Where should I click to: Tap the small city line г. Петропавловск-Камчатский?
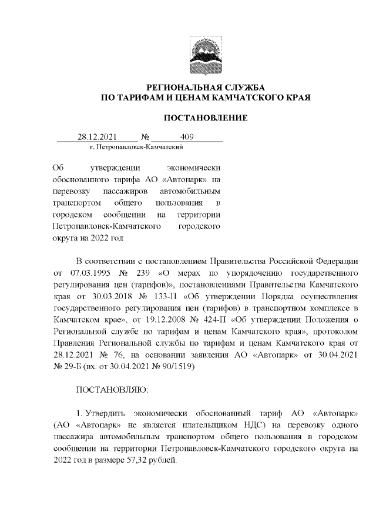pos(137,146)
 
